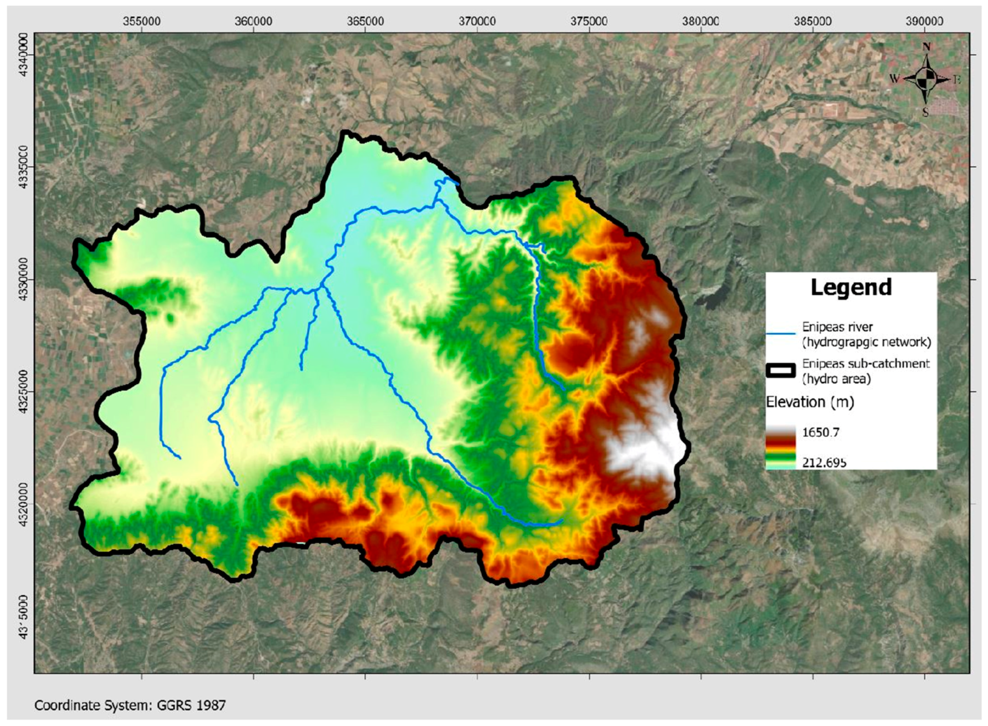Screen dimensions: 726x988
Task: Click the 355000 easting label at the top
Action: [x=141, y=21]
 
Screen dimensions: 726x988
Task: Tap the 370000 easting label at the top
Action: [x=477, y=21]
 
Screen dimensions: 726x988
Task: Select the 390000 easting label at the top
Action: [x=925, y=21]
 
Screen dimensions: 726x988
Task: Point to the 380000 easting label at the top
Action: [x=701, y=21]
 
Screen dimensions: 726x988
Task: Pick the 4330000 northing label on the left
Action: [x=25, y=279]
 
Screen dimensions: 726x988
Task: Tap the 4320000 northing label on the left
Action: [x=25, y=504]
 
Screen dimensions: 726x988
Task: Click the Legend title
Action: [x=851, y=287]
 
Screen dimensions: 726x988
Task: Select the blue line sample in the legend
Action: [x=780, y=334]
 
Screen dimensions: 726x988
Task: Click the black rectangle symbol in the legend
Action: [x=780, y=371]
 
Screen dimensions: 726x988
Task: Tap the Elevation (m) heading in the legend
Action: [x=810, y=402]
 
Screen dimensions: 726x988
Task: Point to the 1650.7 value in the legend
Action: [x=820, y=432]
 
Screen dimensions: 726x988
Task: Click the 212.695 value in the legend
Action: [x=824, y=462]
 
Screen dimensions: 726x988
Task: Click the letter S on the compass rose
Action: [x=926, y=112]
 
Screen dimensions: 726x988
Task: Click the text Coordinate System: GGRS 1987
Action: [x=130, y=706]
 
